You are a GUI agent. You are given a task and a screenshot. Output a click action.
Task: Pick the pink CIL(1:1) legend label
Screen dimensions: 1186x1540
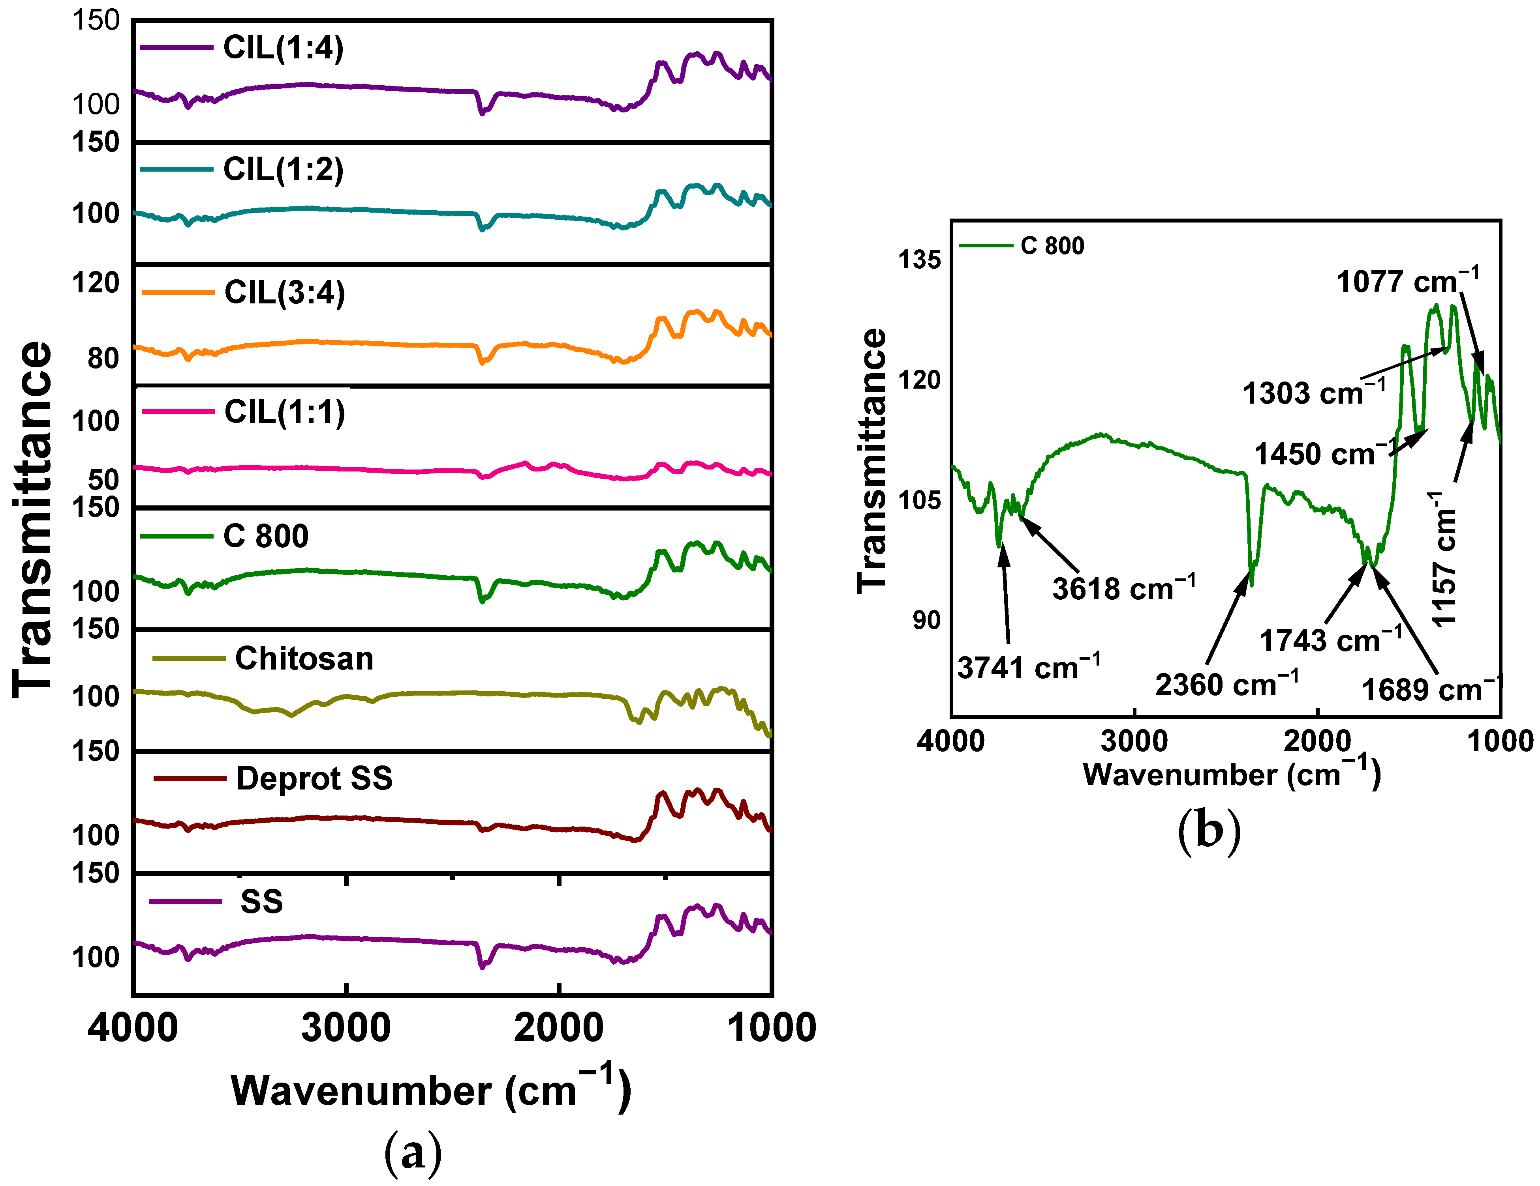click(x=284, y=412)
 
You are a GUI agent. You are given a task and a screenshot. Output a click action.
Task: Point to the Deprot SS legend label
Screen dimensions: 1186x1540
click(x=314, y=779)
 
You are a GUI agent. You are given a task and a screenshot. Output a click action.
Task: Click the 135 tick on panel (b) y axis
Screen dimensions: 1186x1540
click(x=919, y=260)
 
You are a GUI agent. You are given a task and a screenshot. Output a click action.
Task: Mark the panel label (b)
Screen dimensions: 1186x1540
click(x=1209, y=832)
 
